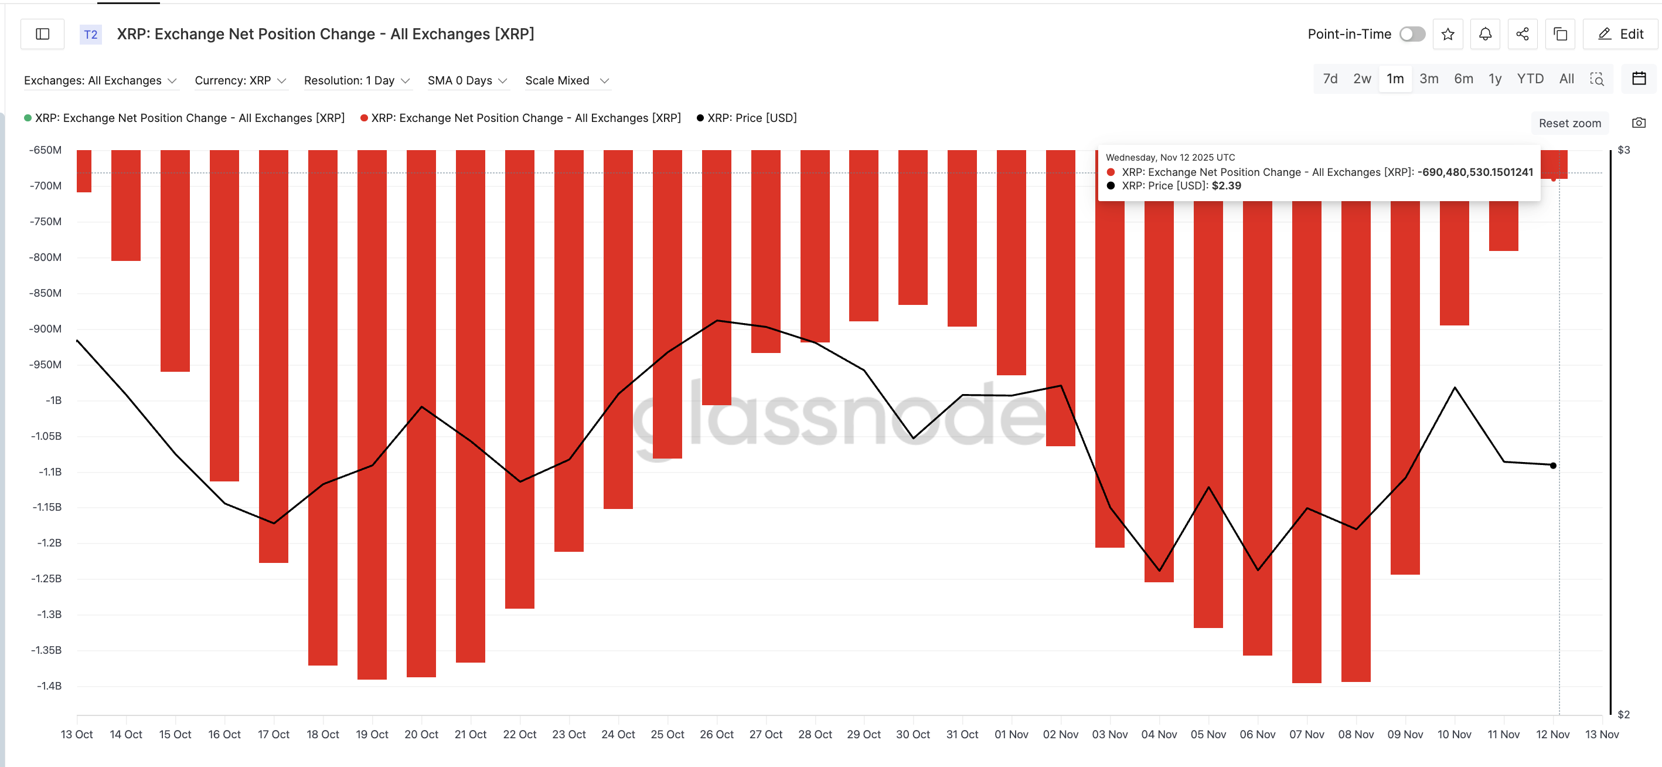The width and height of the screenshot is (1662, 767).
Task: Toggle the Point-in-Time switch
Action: [x=1412, y=34]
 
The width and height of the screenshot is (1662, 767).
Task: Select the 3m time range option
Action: [x=1428, y=79]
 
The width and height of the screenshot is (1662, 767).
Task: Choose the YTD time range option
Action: [x=1530, y=79]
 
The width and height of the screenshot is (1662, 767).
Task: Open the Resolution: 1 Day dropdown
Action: [x=357, y=81]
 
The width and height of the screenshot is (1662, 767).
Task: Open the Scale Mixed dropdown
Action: [x=567, y=81]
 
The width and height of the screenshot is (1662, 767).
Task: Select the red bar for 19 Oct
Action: [x=372, y=413]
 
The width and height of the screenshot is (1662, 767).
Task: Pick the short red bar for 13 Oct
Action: [x=84, y=171]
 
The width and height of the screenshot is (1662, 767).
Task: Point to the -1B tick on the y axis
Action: [x=53, y=401]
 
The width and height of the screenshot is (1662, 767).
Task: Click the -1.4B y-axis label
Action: [x=49, y=685]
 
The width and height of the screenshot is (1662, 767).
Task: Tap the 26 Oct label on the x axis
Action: [x=716, y=734]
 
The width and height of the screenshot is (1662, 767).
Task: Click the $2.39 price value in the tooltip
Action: [x=1226, y=186]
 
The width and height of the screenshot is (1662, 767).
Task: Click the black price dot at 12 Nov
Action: [x=1553, y=466]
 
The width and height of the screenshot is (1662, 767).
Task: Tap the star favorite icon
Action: [x=1448, y=34]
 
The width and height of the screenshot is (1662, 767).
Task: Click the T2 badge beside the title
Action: [x=91, y=34]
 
